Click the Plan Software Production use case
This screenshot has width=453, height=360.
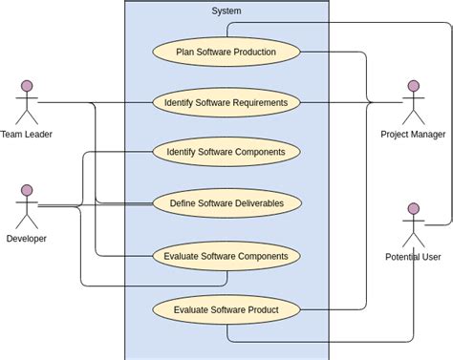(x=226, y=52)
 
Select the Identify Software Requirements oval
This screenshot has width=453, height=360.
(x=226, y=102)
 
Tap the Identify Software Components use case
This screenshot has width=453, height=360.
(x=226, y=152)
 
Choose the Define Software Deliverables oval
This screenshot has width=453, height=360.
(x=226, y=202)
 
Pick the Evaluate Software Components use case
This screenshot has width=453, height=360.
(x=226, y=256)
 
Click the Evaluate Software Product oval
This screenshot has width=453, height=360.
(x=226, y=309)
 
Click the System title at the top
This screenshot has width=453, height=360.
(x=226, y=11)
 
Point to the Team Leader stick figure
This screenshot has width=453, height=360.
(x=26, y=103)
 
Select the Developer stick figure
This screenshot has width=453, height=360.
(x=26, y=206)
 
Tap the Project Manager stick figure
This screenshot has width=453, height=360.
(x=413, y=103)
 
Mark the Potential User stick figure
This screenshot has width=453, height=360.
(x=413, y=225)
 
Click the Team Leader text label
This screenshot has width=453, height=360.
(x=26, y=135)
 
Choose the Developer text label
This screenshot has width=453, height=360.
(x=26, y=238)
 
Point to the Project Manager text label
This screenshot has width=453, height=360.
(x=413, y=135)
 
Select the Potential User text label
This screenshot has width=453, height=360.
(x=413, y=257)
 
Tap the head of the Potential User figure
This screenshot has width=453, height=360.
(x=413, y=208)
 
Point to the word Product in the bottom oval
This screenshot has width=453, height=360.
(x=259, y=309)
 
